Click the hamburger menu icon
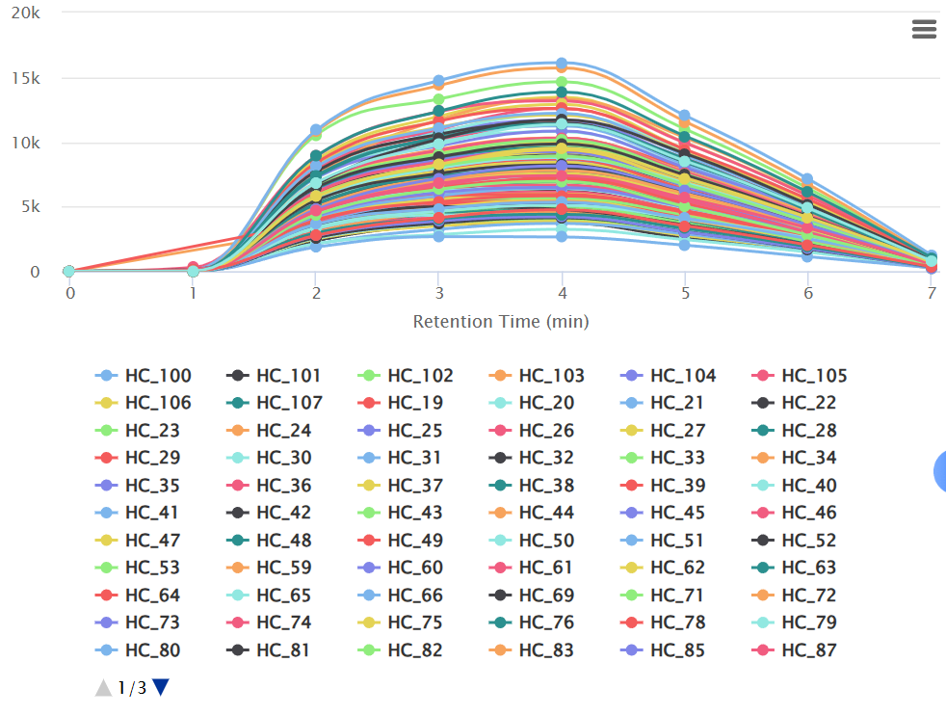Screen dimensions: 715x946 [923, 30]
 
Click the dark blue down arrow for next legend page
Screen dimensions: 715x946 [161, 687]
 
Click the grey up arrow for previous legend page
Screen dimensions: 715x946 [103, 687]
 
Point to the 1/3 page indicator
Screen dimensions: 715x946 [132, 688]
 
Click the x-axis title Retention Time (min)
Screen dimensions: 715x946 [501, 321]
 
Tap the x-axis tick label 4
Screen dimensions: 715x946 [563, 292]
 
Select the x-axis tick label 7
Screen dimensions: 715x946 [932, 292]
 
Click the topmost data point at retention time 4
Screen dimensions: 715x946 [562, 64]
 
